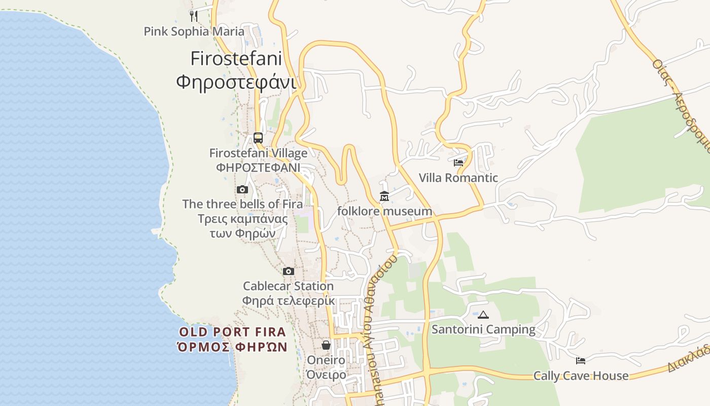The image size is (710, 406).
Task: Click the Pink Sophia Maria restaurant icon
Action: point(193,16)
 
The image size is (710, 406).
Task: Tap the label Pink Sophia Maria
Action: point(194,31)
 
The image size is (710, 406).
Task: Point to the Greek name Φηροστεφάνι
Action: point(236,81)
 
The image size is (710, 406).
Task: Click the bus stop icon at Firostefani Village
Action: point(258,138)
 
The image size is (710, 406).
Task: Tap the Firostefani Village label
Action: point(258,153)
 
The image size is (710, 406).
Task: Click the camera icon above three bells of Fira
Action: point(242,189)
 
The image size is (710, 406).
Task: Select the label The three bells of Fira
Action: point(242,204)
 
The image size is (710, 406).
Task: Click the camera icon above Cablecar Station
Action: point(289,271)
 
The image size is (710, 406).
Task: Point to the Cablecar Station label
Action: point(288,286)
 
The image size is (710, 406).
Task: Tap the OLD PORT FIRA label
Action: point(233,332)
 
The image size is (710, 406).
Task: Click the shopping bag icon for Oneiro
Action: point(326,345)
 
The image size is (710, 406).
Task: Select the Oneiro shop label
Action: point(326,360)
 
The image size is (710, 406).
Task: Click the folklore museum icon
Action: point(384,196)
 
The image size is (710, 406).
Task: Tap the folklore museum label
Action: point(384,211)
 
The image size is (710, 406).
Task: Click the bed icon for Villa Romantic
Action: point(458,163)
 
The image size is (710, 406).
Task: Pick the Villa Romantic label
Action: point(458,178)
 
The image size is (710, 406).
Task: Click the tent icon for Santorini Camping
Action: point(483,315)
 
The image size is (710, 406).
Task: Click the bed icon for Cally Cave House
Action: point(581,361)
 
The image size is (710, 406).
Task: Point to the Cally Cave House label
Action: point(581,376)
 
